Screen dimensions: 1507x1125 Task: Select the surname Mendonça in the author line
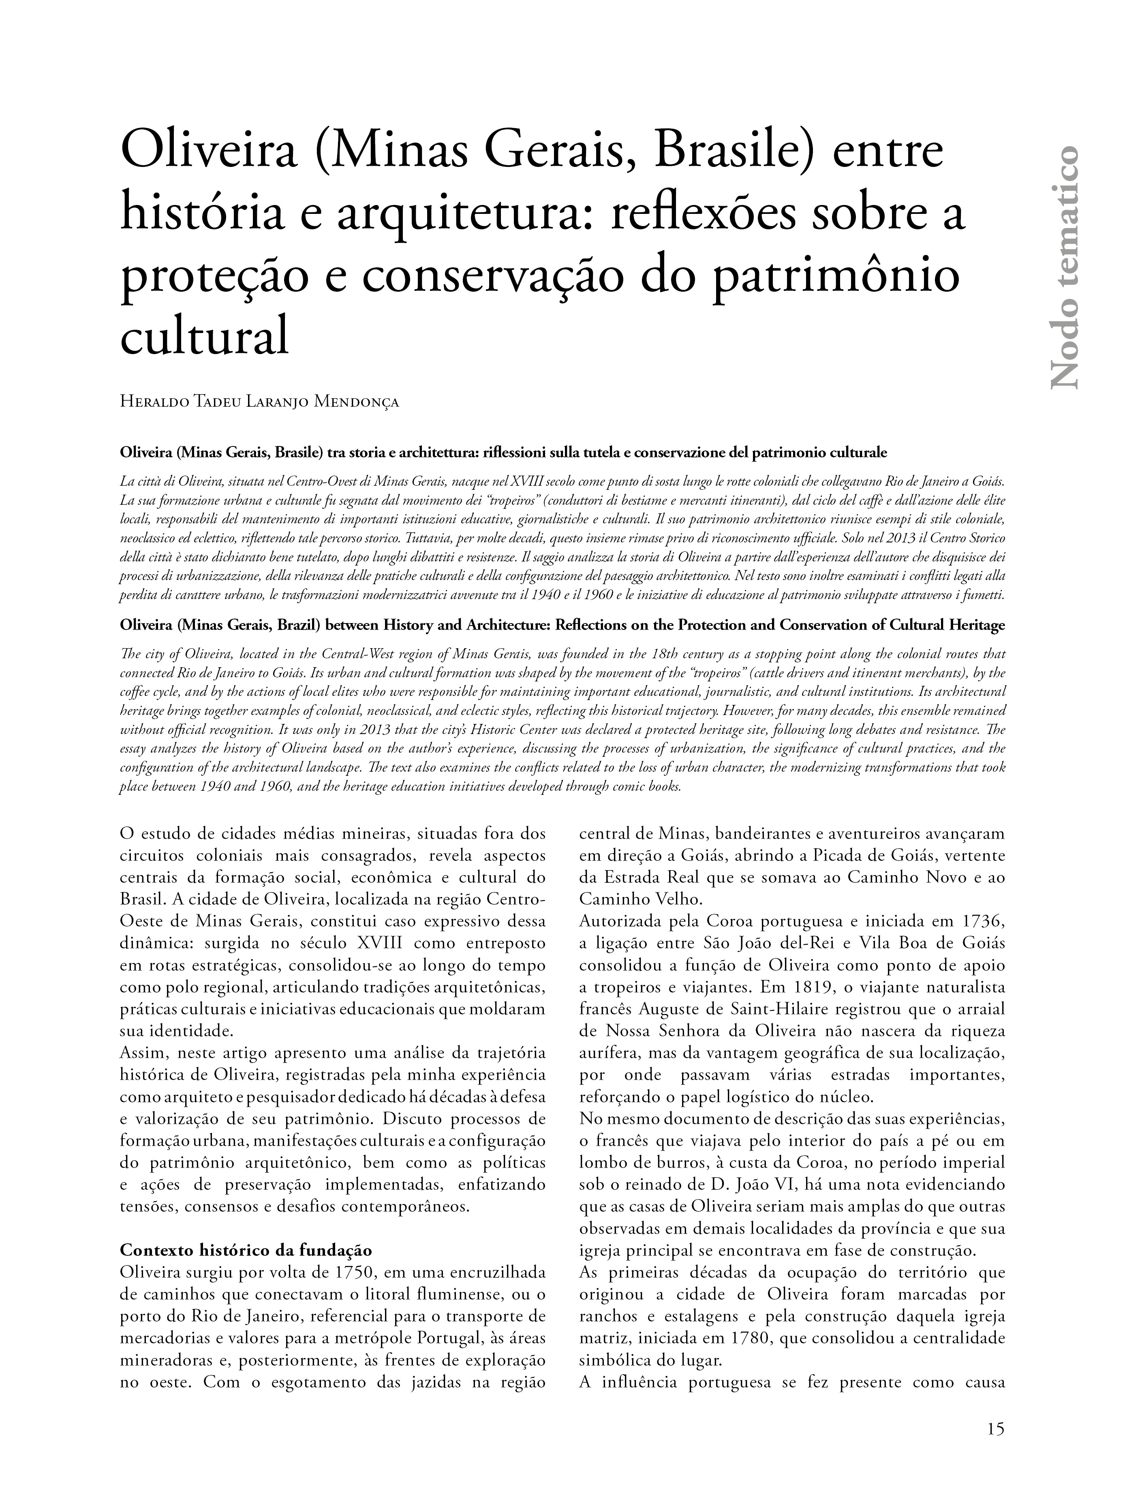click(357, 402)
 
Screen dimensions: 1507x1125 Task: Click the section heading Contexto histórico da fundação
click(246, 1251)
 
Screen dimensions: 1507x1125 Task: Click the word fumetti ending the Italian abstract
click(981, 595)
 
